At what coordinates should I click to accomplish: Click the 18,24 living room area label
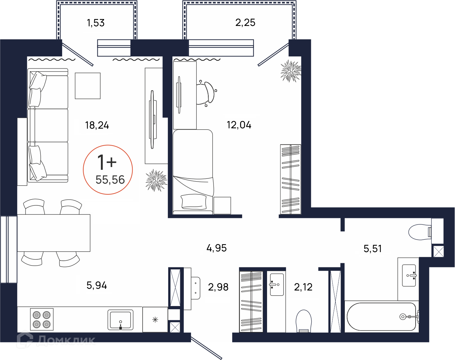(x=97, y=125)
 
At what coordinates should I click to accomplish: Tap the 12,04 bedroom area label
(x=239, y=125)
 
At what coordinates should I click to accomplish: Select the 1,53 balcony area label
(x=96, y=23)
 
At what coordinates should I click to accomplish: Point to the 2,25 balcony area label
(x=245, y=22)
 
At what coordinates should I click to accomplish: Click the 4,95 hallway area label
(x=217, y=248)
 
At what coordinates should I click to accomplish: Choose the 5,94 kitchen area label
(x=97, y=285)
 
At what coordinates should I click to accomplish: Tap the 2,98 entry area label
(x=218, y=287)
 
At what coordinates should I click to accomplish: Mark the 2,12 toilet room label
(x=303, y=287)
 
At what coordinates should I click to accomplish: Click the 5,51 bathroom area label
(x=372, y=249)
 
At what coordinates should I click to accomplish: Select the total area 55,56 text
(x=110, y=180)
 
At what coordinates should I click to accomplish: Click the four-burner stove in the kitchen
(x=42, y=319)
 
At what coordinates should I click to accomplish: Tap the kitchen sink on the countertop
(x=121, y=320)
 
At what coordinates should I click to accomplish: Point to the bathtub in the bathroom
(x=382, y=317)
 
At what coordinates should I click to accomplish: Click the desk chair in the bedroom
(x=206, y=93)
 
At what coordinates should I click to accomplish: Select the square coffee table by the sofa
(x=88, y=86)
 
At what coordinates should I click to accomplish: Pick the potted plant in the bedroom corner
(x=291, y=71)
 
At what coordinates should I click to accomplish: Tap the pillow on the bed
(x=194, y=202)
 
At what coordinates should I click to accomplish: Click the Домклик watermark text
(x=66, y=340)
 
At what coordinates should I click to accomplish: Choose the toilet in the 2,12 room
(x=304, y=321)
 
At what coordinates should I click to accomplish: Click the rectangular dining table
(x=54, y=233)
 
